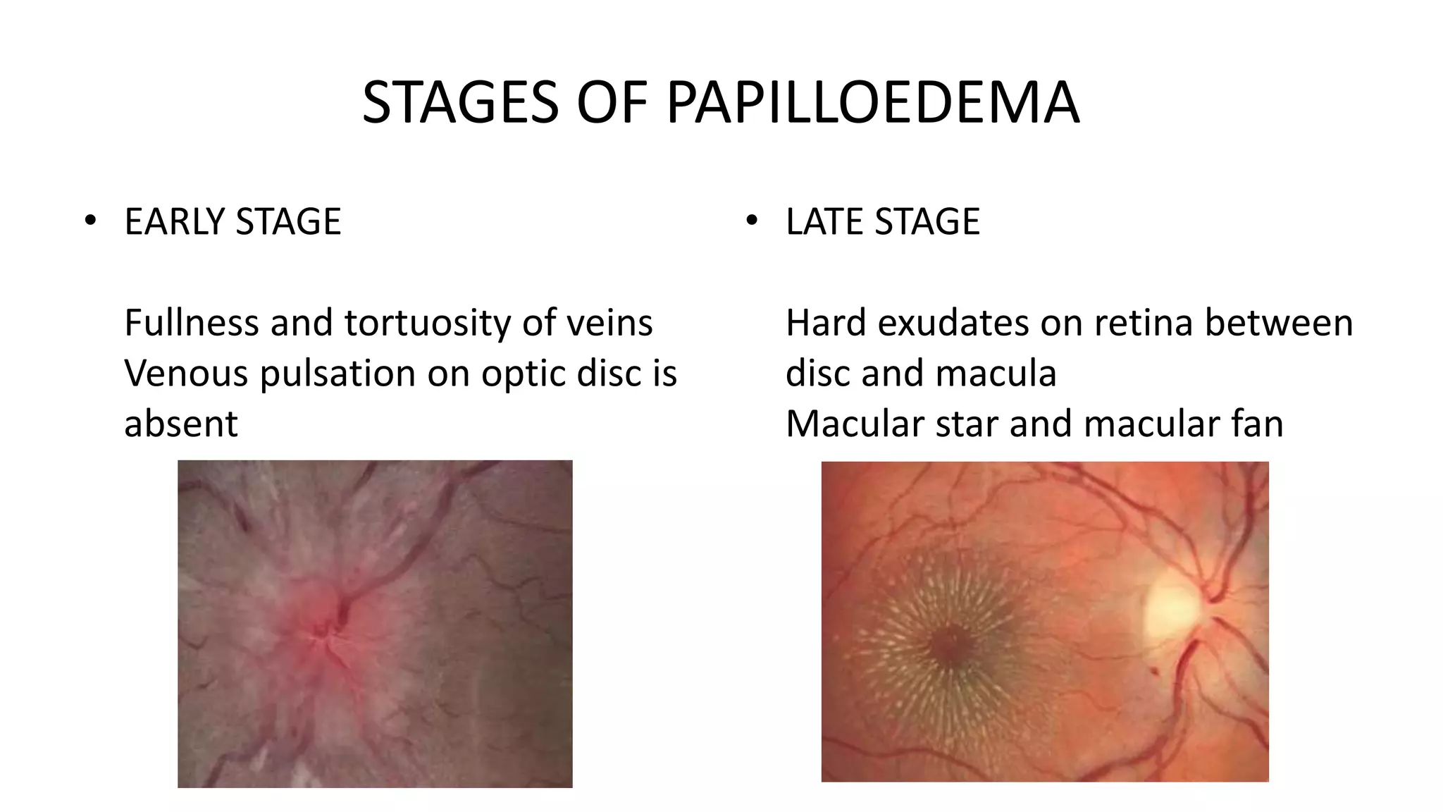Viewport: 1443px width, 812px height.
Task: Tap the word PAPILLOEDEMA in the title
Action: tap(872, 103)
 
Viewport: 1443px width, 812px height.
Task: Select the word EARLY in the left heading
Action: tap(175, 221)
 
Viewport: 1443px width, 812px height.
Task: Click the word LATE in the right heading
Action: tap(825, 221)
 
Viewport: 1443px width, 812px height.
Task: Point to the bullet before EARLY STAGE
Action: tap(89, 221)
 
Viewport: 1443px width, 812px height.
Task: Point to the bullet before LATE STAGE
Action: tap(751, 221)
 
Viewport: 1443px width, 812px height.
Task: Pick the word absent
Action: tap(181, 424)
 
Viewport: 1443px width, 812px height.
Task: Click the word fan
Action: tap(1258, 424)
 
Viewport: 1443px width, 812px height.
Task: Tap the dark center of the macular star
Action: tap(948, 645)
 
